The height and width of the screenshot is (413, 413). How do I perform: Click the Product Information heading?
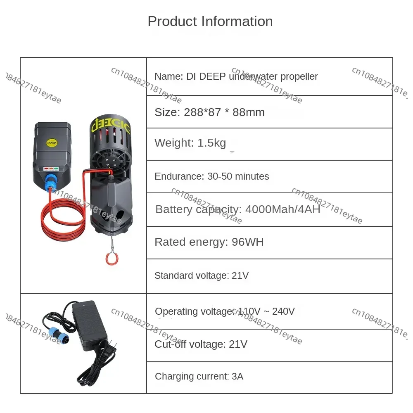pyautogui.click(x=210, y=21)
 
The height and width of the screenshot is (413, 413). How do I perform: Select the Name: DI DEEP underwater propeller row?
pyautogui.click(x=236, y=76)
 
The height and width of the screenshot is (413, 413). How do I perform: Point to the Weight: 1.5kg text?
pyautogui.click(x=190, y=143)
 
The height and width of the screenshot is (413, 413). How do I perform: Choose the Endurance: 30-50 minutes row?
pyautogui.click(x=211, y=176)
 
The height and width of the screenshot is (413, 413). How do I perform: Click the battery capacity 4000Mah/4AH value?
pyautogui.click(x=282, y=209)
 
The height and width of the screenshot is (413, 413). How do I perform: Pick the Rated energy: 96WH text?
pyautogui.click(x=209, y=242)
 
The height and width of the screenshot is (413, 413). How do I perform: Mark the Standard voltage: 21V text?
pyautogui.click(x=201, y=275)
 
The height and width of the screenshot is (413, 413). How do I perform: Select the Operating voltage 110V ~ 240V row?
pyautogui.click(x=225, y=311)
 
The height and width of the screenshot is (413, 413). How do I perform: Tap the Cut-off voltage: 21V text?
pyautogui.click(x=201, y=344)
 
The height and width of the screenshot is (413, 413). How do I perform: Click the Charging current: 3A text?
pyautogui.click(x=199, y=376)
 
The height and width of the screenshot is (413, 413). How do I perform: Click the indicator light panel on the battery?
pyautogui.click(x=51, y=169)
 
